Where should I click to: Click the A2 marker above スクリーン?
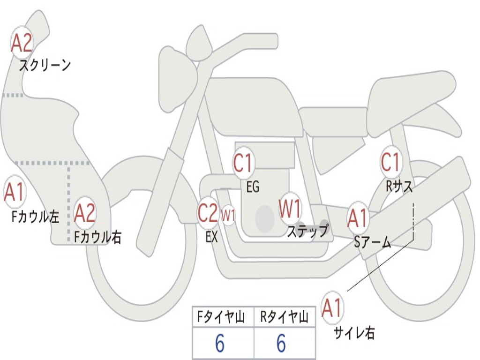[x=22, y=44]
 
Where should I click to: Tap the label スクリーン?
[x=45, y=65]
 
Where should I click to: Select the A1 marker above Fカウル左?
[x=14, y=192]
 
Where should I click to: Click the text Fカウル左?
[x=35, y=217]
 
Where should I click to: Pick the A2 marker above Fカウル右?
[x=84, y=213]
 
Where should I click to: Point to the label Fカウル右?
[x=98, y=237]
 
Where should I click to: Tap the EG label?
[x=253, y=187]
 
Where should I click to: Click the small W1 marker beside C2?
[x=228, y=215]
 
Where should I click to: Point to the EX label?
[x=212, y=237]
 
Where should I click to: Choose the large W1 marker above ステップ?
[x=290, y=209]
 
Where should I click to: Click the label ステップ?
[x=307, y=231]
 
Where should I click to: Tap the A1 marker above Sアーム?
[x=358, y=218]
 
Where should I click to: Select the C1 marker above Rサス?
[x=390, y=162]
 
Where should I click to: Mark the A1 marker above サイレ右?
[x=332, y=307]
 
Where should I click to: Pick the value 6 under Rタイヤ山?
[x=281, y=343]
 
